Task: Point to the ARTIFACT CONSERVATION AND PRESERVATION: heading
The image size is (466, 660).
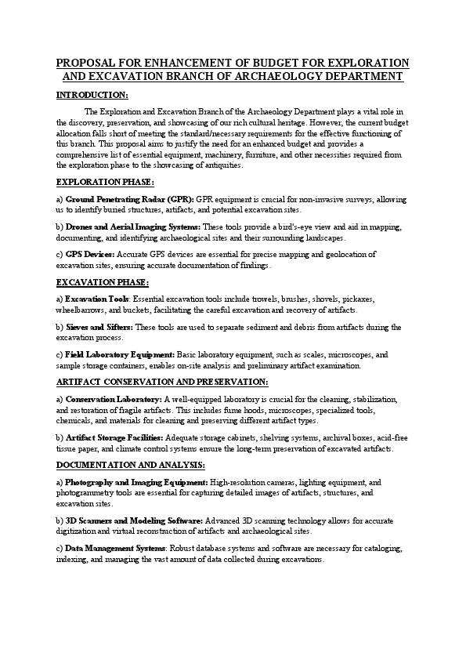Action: [162, 383]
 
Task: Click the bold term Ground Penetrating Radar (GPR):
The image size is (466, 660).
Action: [129, 200]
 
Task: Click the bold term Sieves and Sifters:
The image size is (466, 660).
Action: [99, 327]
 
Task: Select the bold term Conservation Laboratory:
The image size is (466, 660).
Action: [114, 400]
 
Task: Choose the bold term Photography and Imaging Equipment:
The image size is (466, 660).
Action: [136, 483]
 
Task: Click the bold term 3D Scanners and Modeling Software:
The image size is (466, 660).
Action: [135, 520]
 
